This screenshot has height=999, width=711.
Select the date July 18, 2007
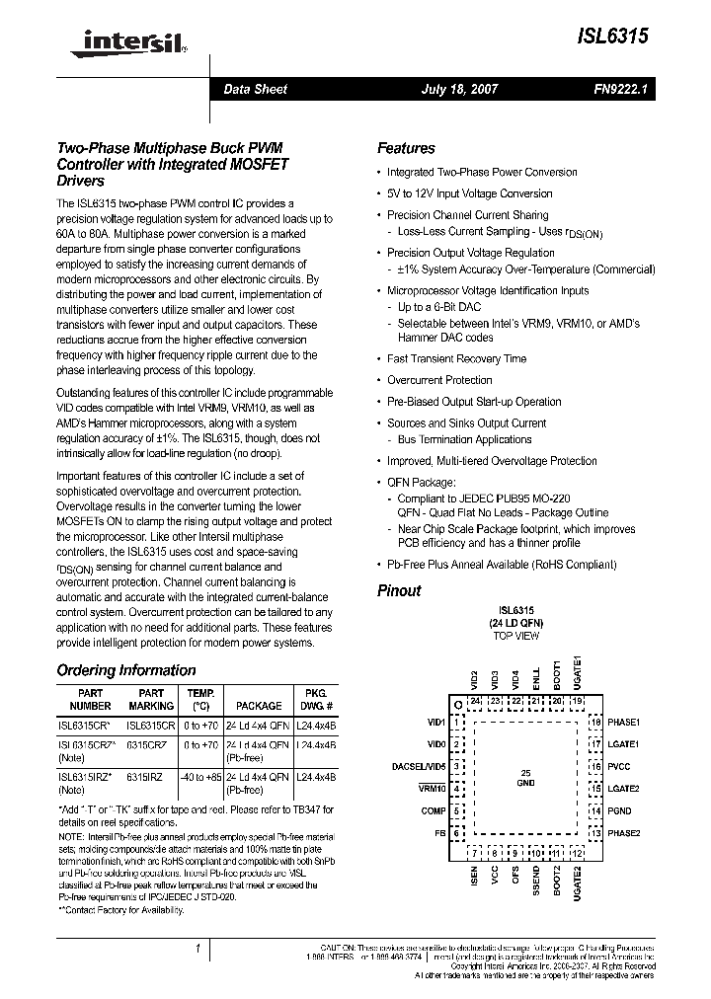click(459, 89)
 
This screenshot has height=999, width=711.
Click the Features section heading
click(406, 148)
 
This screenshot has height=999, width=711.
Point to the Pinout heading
click(399, 590)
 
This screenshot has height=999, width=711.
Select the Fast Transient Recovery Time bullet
click(456, 359)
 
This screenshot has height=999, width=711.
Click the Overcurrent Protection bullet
click(439, 380)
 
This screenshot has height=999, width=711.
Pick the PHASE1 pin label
click(624, 723)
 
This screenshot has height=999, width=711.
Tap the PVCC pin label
click(618, 766)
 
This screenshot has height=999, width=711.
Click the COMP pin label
click(434, 810)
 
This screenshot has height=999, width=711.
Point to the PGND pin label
click(618, 810)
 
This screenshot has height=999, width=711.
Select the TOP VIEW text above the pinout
click(516, 637)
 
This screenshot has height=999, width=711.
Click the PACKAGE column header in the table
click(258, 706)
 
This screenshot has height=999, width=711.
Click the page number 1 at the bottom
click(197, 949)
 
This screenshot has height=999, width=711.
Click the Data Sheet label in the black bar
click(255, 89)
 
